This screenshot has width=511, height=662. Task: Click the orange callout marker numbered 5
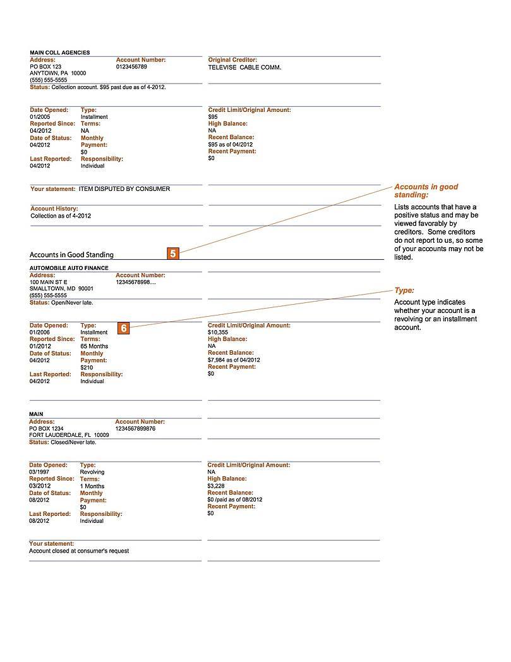(173, 254)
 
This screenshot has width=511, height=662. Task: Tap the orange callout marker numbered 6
(124, 328)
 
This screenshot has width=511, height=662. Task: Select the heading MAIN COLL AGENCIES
(60, 52)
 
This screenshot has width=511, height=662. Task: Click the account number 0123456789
(131, 66)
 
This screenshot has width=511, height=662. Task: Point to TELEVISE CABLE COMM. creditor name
(244, 67)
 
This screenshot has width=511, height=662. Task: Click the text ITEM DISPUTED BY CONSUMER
(124, 189)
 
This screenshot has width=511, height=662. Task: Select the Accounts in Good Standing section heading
(71, 255)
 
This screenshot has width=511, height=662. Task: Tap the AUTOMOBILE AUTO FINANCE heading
(70, 268)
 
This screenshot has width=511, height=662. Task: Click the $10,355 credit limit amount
(218, 332)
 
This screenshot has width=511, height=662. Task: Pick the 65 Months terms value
(94, 346)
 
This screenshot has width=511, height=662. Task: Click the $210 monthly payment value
(87, 367)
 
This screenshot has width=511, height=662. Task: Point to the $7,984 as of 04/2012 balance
(234, 360)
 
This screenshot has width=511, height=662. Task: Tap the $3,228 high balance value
(216, 486)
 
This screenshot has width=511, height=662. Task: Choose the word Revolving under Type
(92, 472)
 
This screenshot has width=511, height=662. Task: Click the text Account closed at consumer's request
(79, 551)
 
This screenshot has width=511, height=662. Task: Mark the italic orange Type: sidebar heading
(404, 290)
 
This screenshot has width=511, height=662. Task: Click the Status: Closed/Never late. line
(63, 442)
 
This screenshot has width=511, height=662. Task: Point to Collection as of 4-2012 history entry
(61, 216)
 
